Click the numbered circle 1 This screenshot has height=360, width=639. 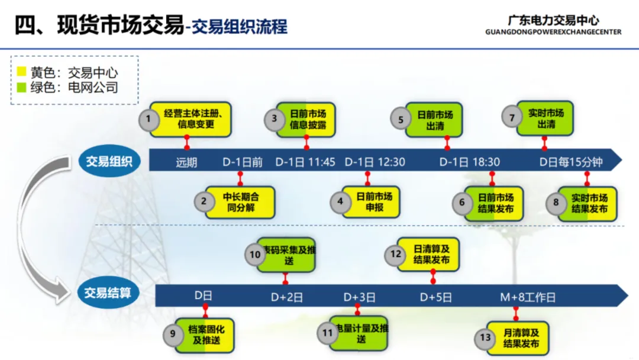pyautogui.click(x=149, y=119)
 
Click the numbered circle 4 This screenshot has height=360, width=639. pyautogui.click(x=340, y=201)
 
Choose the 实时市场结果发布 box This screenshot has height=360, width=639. pyautogui.click(x=589, y=203)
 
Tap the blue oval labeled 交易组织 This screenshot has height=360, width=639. pyautogui.click(x=109, y=161)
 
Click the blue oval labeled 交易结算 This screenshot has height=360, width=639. pyautogui.click(x=108, y=292)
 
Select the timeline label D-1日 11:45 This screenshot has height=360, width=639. pyautogui.click(x=306, y=162)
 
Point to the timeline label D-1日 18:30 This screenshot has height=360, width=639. pyautogui.click(x=470, y=162)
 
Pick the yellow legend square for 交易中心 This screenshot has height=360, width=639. pyautogui.click(x=22, y=72)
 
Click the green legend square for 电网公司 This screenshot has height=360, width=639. pyautogui.click(x=22, y=88)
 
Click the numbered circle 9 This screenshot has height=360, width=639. pyautogui.click(x=173, y=334)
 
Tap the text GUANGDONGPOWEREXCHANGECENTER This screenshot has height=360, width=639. pyautogui.click(x=553, y=32)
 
